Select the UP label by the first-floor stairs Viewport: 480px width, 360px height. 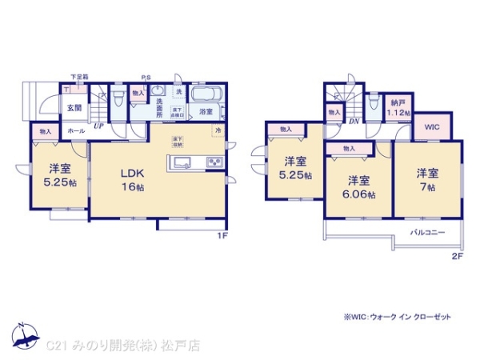[98, 126]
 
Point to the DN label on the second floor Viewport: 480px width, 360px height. [353, 122]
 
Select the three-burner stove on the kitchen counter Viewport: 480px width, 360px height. [216, 164]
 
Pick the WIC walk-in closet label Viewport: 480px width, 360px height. [432, 126]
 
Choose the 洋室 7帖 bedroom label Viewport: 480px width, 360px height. [426, 179]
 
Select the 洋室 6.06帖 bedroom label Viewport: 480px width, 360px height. [358, 186]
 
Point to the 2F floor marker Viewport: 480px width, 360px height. [457, 255]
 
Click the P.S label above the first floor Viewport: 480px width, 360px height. [146, 77]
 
